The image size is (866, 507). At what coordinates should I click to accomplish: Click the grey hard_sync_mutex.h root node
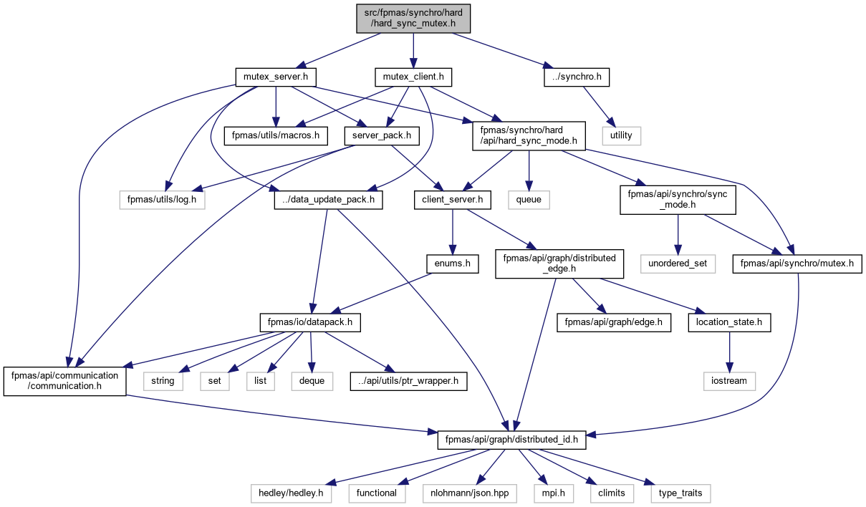[413, 19]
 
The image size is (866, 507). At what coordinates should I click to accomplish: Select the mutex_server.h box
[276, 77]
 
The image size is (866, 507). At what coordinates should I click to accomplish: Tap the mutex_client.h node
[413, 77]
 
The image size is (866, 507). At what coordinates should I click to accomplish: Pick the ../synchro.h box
[577, 77]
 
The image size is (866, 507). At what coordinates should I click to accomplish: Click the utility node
[621, 136]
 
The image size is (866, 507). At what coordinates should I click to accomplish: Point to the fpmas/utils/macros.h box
[276, 136]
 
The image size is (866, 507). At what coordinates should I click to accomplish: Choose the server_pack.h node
[382, 136]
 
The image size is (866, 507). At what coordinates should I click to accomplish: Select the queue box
[529, 201]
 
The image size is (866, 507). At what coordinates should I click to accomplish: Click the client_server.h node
[452, 201]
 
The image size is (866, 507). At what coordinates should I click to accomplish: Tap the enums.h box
[452, 264]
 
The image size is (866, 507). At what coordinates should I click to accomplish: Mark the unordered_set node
[678, 264]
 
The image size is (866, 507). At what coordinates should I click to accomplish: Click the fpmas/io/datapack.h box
[310, 323]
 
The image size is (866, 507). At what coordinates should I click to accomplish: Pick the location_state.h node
[729, 323]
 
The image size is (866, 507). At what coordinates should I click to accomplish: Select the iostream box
[729, 382]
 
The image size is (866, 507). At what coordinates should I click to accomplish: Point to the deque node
[312, 382]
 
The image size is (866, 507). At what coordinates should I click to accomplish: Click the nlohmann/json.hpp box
[470, 493]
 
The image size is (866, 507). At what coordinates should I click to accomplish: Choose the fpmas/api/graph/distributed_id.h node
[511, 440]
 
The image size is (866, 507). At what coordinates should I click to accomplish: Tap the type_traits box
[680, 493]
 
